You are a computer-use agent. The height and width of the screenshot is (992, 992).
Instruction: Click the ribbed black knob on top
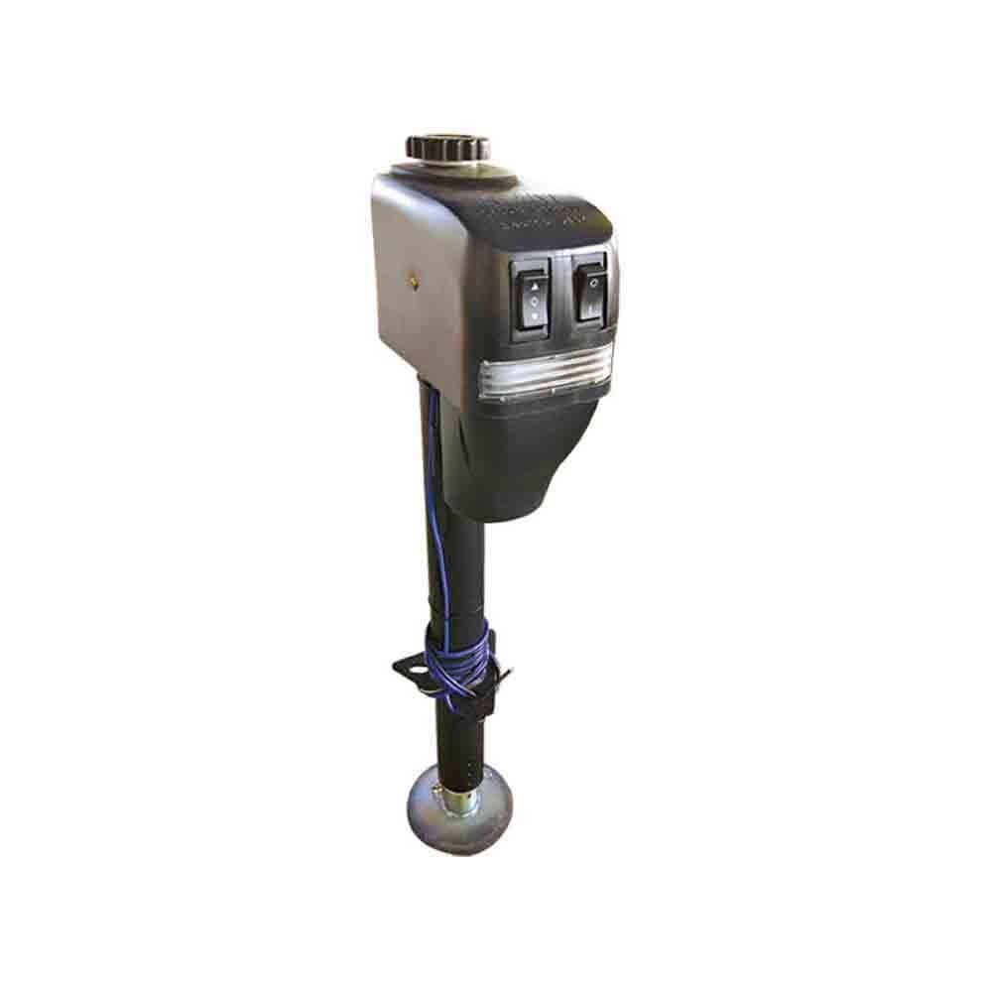click(447, 147)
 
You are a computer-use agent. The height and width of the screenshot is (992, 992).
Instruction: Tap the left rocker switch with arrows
click(534, 298)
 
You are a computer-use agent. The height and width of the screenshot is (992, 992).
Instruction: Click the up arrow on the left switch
click(534, 284)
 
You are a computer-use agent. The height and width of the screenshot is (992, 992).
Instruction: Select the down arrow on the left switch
click(535, 315)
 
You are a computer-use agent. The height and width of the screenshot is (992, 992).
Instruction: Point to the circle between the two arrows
click(534, 299)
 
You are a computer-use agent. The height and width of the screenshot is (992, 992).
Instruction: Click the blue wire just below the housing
click(433, 446)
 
